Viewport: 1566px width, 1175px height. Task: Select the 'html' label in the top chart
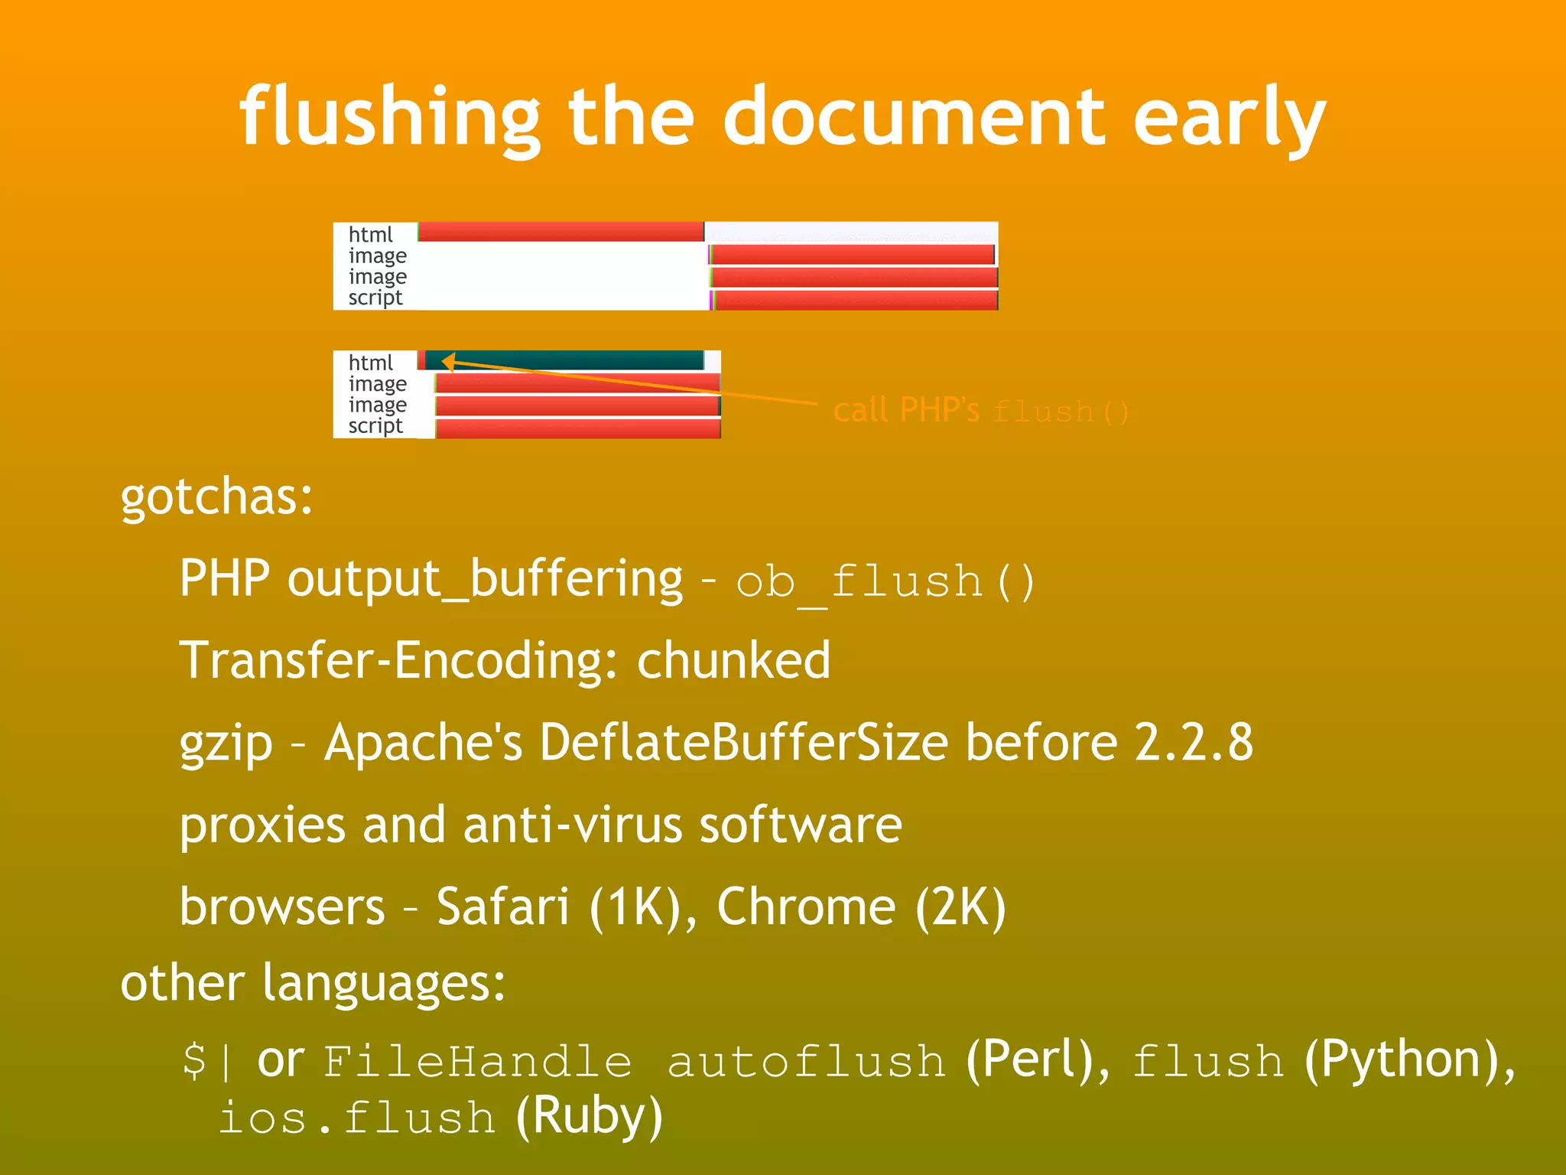[370, 234]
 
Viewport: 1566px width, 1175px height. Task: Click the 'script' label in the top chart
[375, 298]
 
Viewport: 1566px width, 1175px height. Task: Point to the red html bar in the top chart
[560, 232]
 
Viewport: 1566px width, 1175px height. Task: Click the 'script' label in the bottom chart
[375, 425]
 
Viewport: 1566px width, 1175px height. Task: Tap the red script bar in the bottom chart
[577, 428]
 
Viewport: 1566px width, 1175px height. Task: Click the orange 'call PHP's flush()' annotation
[980, 411]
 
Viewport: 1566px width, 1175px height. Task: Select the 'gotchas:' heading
[216, 497]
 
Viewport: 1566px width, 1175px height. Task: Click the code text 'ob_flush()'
[885, 581]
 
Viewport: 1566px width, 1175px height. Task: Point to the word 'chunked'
[733, 661]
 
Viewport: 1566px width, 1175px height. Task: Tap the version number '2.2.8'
[1193, 742]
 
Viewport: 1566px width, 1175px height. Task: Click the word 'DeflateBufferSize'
[743, 742]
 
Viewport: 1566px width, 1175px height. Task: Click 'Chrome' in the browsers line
[806, 906]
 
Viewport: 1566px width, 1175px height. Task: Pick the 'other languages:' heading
[313, 982]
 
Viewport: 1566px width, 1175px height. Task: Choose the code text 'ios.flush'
[357, 1118]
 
